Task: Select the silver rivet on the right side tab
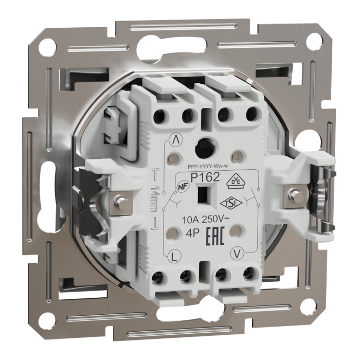click(x=296, y=194)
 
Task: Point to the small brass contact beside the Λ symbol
click(x=176, y=156)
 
